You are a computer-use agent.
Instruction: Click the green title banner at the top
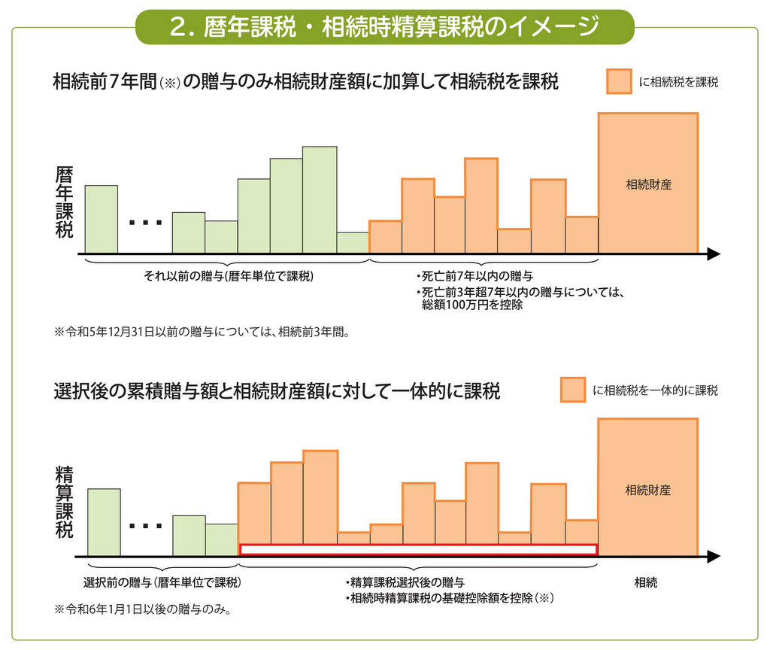click(x=384, y=26)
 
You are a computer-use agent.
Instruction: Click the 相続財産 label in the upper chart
click(x=648, y=185)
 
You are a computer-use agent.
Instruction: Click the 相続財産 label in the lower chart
click(x=647, y=490)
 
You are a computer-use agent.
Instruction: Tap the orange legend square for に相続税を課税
click(x=619, y=81)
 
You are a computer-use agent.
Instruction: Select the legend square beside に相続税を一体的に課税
click(x=572, y=390)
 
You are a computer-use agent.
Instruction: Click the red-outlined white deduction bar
click(x=418, y=549)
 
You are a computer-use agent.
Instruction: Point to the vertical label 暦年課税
click(x=65, y=202)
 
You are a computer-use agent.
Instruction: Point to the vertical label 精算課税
click(x=65, y=502)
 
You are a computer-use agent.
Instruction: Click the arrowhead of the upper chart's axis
click(x=714, y=254)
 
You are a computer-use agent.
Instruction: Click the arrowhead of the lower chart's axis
click(x=714, y=557)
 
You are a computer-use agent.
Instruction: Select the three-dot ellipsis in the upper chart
click(x=145, y=223)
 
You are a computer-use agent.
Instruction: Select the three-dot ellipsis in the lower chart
click(x=145, y=526)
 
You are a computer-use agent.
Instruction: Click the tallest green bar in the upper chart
click(x=320, y=200)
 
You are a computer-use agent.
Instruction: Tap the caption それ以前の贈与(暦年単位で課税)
click(x=229, y=276)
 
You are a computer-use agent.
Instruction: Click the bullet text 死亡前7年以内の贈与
click(x=474, y=276)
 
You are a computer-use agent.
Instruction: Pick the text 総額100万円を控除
click(x=472, y=305)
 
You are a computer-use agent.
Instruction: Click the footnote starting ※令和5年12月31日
click(x=202, y=332)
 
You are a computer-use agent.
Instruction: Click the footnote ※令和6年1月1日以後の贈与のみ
click(x=142, y=609)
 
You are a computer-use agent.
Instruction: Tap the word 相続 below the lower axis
click(x=646, y=583)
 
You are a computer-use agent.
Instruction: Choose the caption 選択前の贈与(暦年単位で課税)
click(x=162, y=583)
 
